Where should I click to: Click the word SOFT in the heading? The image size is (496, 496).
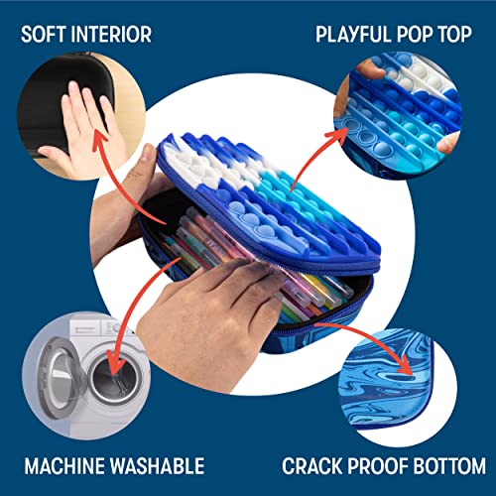[x=45, y=34]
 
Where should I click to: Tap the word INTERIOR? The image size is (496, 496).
[x=111, y=34]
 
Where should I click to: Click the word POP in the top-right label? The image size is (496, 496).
[x=415, y=34]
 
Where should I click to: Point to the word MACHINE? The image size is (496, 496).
[x=64, y=466]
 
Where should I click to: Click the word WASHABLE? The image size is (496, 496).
[x=157, y=466]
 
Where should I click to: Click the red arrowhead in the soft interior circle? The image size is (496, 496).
[x=100, y=140]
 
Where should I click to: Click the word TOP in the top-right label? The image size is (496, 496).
[x=455, y=34]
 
